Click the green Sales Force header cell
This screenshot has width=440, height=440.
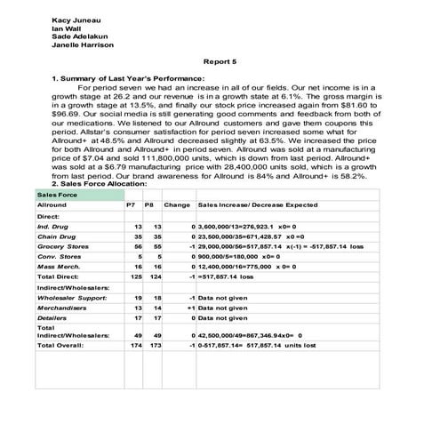point(53,193)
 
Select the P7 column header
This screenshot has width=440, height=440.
point(131,204)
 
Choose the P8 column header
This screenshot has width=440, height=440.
point(149,204)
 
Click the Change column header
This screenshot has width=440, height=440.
point(177,204)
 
